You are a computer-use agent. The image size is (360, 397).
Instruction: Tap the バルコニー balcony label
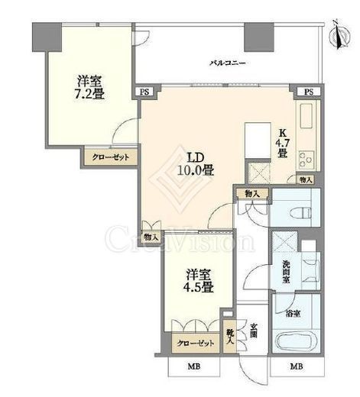coord(228,63)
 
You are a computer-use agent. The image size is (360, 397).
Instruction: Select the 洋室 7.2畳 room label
coord(89,87)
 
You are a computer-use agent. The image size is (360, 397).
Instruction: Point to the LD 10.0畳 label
coord(196,164)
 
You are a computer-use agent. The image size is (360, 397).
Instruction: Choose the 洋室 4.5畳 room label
coord(198,281)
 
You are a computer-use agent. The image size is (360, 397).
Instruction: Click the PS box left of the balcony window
coord(144,92)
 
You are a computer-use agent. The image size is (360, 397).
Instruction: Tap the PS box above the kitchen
coord(309,92)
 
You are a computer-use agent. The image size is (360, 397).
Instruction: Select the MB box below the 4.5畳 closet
coord(194,366)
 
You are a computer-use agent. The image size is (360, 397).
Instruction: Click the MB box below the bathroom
coord(297,366)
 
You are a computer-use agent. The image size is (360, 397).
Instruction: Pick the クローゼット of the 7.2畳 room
coord(111,157)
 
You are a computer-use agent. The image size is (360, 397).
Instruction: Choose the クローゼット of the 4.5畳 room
coord(196,344)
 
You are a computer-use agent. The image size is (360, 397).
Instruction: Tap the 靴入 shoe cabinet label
coord(229,337)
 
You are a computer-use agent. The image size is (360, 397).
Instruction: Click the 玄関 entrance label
coord(253,331)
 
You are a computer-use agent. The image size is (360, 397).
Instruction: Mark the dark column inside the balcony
coord(259,37)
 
